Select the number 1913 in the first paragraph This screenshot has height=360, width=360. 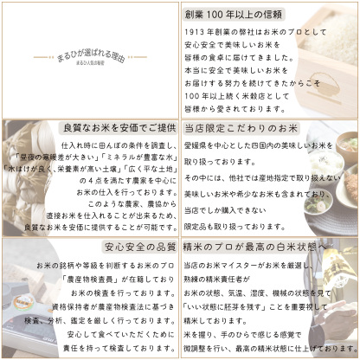point(199,31)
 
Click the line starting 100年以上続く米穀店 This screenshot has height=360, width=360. point(232,94)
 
